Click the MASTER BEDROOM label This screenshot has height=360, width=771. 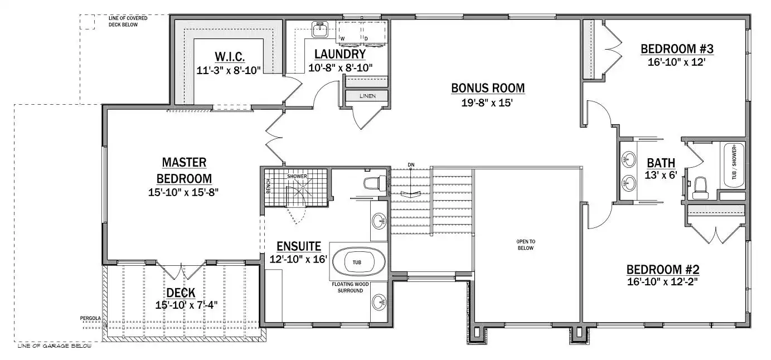[184, 171]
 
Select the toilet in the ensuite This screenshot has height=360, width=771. [375, 183]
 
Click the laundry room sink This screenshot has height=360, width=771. [321, 30]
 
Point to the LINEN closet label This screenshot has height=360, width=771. [367, 96]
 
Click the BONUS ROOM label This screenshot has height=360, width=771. [488, 88]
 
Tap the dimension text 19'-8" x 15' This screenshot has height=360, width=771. [487, 103]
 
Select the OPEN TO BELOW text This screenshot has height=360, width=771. [526, 245]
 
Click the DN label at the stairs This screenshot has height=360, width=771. [411, 165]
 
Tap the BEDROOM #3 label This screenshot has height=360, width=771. [677, 49]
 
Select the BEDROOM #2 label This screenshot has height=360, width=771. [663, 269]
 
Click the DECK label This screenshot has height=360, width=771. [181, 293]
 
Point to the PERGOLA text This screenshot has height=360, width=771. [90, 318]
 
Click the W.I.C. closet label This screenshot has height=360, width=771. [230, 56]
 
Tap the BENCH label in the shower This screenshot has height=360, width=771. [269, 186]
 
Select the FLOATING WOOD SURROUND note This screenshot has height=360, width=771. [350, 288]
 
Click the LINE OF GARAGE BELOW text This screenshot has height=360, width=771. [55, 346]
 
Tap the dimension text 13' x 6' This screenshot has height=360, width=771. [661, 175]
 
